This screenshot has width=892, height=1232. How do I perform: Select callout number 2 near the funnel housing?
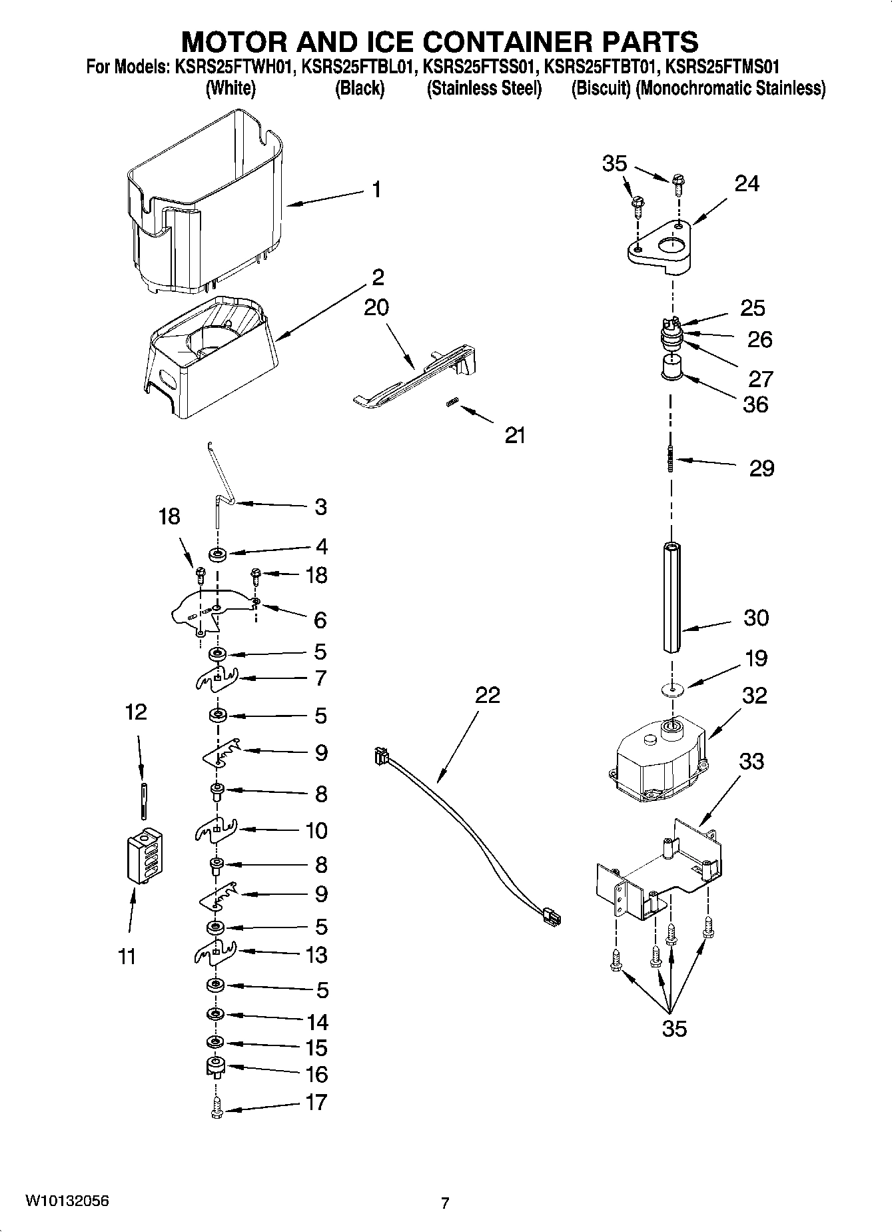(378, 277)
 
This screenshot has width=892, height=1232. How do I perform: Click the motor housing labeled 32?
(660, 760)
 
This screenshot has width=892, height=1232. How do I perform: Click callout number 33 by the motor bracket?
(752, 761)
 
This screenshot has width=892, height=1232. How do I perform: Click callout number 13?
(316, 955)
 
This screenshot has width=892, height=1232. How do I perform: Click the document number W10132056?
(67, 1201)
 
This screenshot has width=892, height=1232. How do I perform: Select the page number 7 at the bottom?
(445, 1203)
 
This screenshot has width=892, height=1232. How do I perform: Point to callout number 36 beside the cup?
(755, 404)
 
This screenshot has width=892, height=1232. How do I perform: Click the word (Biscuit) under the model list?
(601, 88)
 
